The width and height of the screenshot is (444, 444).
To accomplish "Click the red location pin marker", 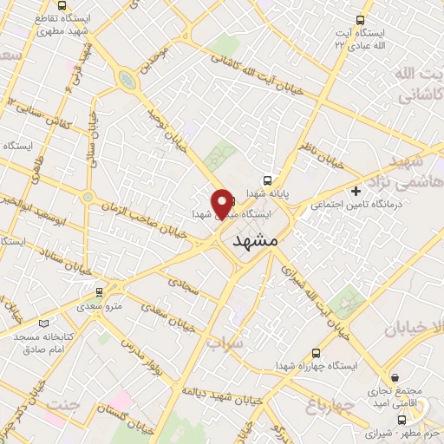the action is click(x=222, y=203).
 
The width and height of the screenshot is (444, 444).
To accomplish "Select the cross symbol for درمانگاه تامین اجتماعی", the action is click(x=356, y=191).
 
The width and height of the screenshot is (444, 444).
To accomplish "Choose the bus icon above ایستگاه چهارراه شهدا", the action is click(x=316, y=353).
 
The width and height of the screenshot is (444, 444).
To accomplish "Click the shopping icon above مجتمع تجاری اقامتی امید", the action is click(x=395, y=377).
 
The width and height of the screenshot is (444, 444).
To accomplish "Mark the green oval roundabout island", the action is click(x=128, y=80).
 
